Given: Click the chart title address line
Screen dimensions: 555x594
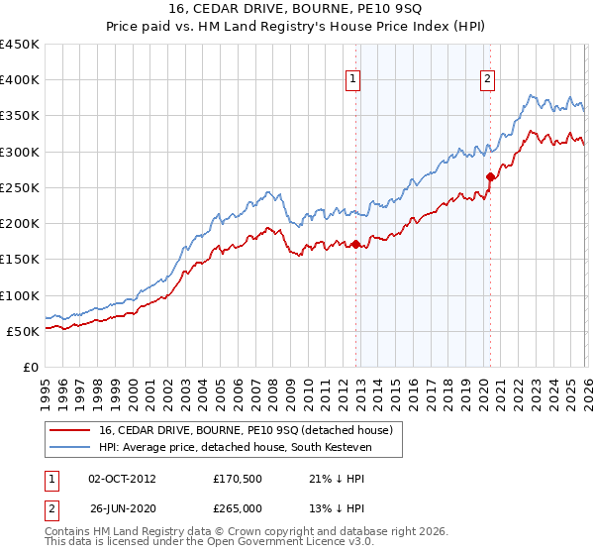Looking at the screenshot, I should click(297, 9).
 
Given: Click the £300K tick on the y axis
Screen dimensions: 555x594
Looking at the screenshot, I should click(20, 152).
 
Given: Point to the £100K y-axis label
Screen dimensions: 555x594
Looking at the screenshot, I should click(20, 295).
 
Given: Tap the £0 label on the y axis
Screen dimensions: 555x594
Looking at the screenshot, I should click(31, 367).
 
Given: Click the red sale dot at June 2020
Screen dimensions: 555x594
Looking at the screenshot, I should click(490, 176).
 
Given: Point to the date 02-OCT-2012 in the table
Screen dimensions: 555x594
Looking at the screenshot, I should click(122, 480).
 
